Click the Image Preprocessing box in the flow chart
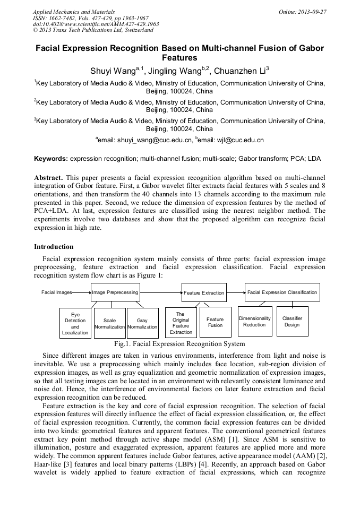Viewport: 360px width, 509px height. (x=115, y=292)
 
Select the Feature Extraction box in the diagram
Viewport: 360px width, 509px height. (x=204, y=292)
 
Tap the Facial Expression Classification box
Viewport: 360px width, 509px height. (x=282, y=292)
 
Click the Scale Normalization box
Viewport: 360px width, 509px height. (x=109, y=323)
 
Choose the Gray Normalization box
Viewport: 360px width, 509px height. (x=142, y=323)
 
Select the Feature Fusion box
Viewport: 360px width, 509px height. (x=215, y=322)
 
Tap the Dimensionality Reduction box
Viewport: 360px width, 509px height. (x=254, y=322)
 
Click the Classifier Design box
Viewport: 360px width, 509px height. (x=292, y=322)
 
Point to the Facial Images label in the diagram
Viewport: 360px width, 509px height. (x=57, y=292)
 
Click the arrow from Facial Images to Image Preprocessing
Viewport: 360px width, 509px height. (x=81, y=292)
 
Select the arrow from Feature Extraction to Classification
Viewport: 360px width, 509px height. (x=235, y=292)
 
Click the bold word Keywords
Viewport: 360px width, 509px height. (x=50, y=159)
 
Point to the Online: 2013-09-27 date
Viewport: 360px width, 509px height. (x=302, y=11)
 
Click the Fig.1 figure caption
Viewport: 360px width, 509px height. (x=179, y=344)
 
